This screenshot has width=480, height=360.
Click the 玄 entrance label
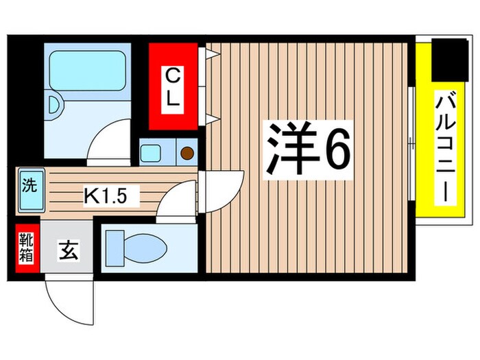coord(69,251)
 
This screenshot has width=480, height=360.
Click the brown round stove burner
coord(187,151)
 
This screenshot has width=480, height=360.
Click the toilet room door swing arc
coord(180,203)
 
